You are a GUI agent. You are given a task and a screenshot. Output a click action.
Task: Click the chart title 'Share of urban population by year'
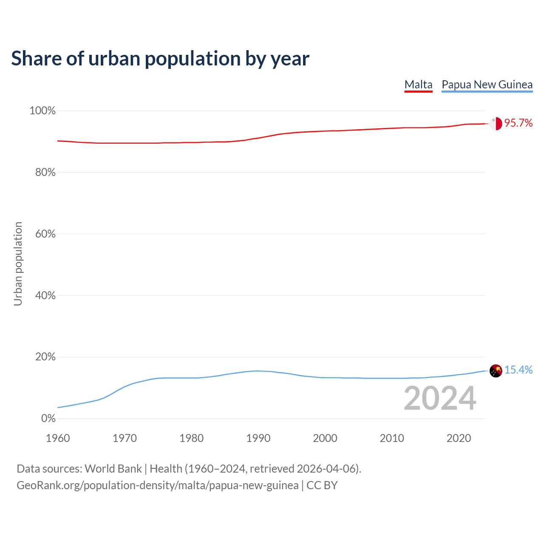click(x=160, y=59)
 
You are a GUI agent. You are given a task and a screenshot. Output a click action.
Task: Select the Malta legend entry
click(x=418, y=85)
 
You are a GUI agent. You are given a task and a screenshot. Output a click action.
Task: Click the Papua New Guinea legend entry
click(x=487, y=85)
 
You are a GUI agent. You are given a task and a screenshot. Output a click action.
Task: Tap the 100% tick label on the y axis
click(x=42, y=111)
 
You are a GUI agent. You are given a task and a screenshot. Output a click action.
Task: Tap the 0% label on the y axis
click(x=48, y=419)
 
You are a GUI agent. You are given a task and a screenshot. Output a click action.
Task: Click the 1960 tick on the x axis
click(x=58, y=438)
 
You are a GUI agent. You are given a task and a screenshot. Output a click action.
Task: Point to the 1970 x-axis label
click(x=125, y=438)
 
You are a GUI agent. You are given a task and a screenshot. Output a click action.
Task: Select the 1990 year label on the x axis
click(x=258, y=438)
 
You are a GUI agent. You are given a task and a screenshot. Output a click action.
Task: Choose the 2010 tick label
click(x=392, y=438)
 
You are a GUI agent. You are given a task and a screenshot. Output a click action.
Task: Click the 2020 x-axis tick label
click(x=459, y=438)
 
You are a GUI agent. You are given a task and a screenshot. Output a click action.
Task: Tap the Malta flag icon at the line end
click(x=496, y=123)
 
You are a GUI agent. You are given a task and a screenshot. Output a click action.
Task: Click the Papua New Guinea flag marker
click(x=496, y=371)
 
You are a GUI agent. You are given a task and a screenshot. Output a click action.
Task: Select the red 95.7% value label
click(x=518, y=123)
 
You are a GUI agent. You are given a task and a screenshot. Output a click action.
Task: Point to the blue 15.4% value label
click(x=518, y=370)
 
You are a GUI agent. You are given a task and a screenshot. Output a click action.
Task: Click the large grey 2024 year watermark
click(x=440, y=398)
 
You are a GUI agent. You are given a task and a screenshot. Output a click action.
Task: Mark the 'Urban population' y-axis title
click(x=18, y=263)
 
